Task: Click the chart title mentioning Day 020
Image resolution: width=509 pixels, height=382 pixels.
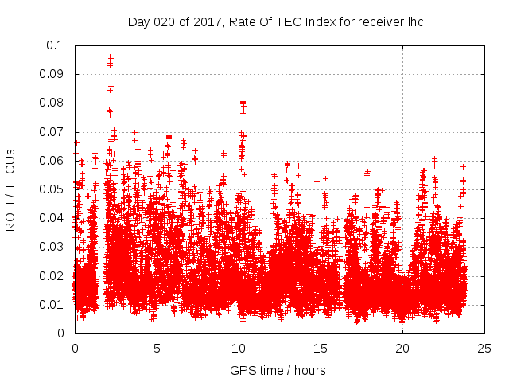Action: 277,21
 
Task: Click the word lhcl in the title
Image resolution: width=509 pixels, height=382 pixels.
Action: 415,21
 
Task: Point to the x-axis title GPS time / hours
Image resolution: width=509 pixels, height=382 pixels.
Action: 277,370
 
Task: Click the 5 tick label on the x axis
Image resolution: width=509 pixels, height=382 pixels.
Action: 157,348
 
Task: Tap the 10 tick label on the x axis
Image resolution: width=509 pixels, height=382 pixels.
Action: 239,348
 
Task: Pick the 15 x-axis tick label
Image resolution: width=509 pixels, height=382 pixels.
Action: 321,348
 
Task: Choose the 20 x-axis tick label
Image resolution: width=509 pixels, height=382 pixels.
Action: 402,348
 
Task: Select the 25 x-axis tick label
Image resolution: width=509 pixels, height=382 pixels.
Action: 484,348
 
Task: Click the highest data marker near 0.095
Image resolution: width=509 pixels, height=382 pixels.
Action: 110,57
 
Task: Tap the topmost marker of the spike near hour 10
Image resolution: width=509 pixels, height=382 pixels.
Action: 243,102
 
